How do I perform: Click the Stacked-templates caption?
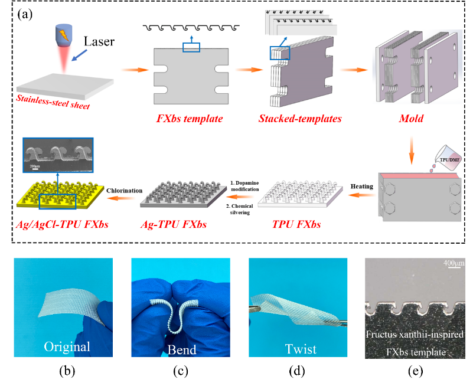click(294, 119)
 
